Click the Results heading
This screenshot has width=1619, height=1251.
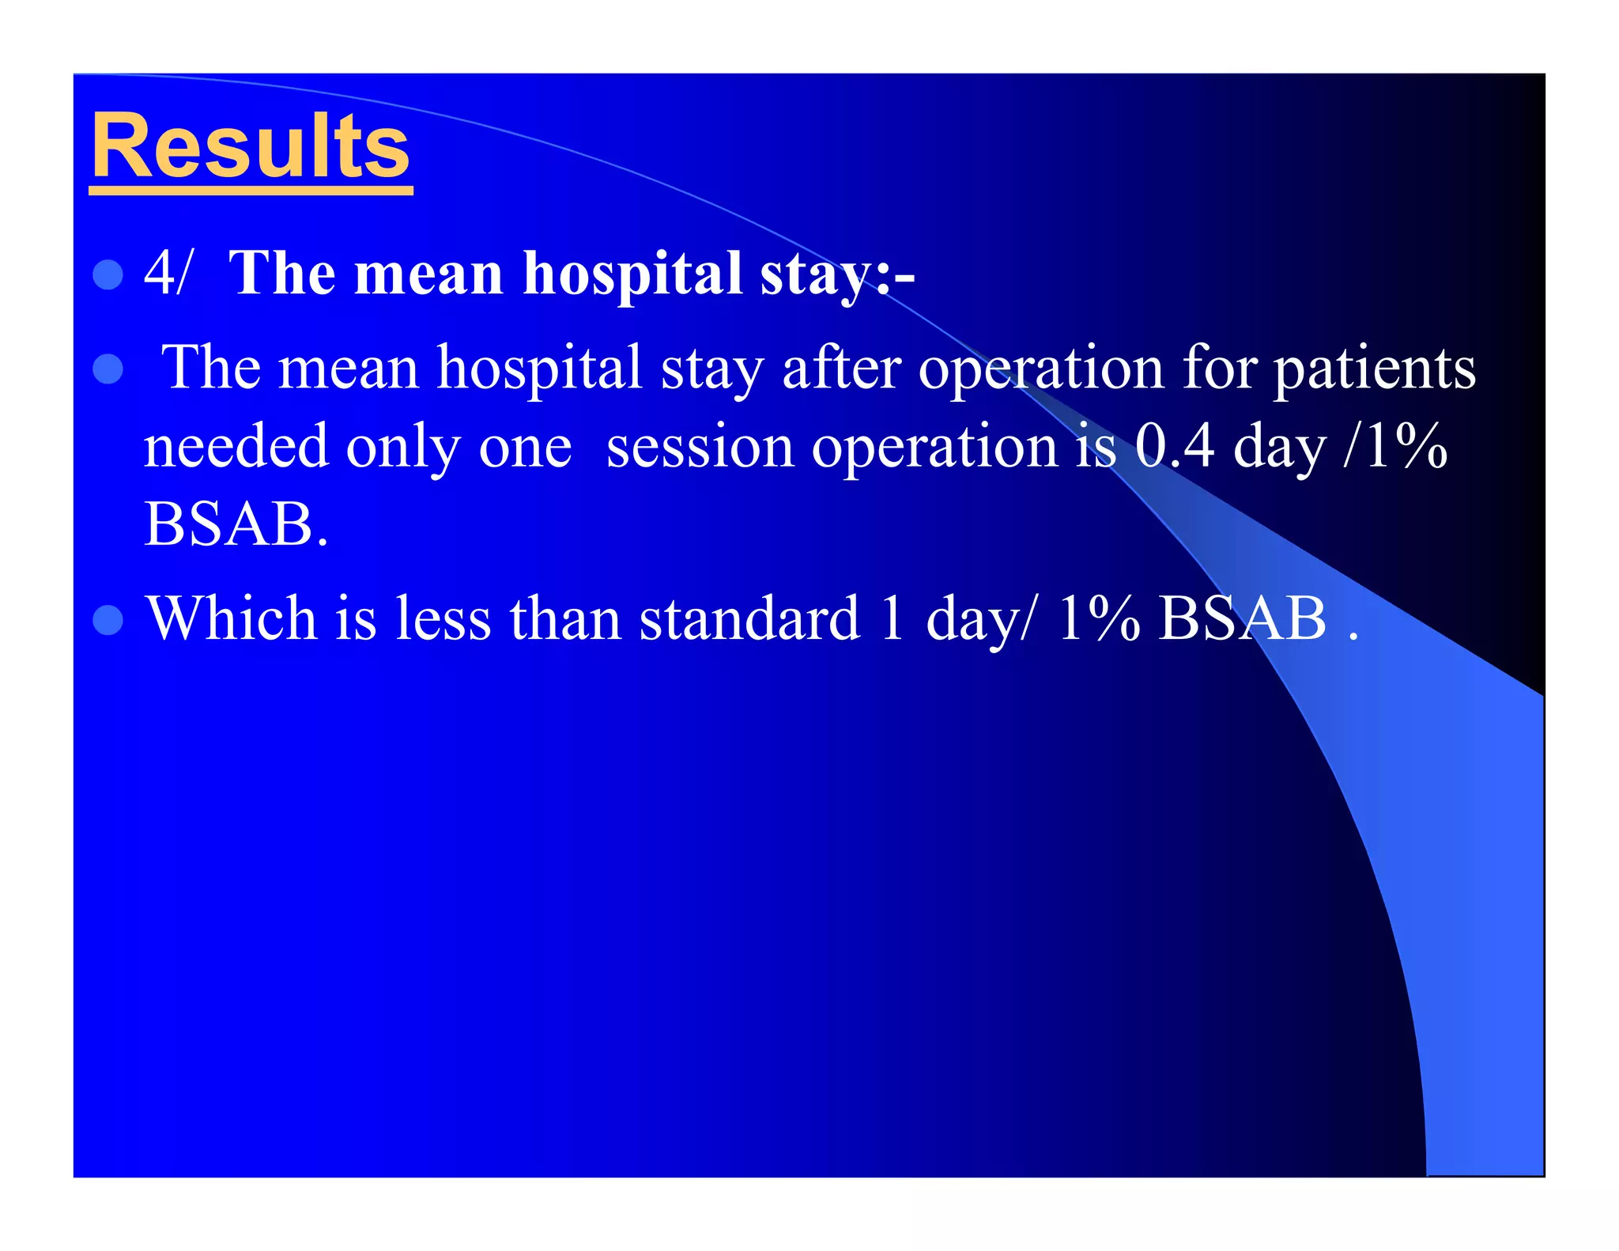pos(250,147)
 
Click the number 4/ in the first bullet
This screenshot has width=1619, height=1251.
pos(167,273)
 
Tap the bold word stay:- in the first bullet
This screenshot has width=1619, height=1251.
pos(836,274)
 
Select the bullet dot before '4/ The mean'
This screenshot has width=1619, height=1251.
pos(108,274)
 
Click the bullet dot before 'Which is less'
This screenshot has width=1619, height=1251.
pos(108,620)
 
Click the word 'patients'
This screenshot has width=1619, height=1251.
pos(1374,369)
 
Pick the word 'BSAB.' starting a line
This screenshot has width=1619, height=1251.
pos(236,524)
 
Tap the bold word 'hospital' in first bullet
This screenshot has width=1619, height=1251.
pos(632,274)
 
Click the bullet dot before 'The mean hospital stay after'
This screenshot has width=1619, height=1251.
pos(108,368)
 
